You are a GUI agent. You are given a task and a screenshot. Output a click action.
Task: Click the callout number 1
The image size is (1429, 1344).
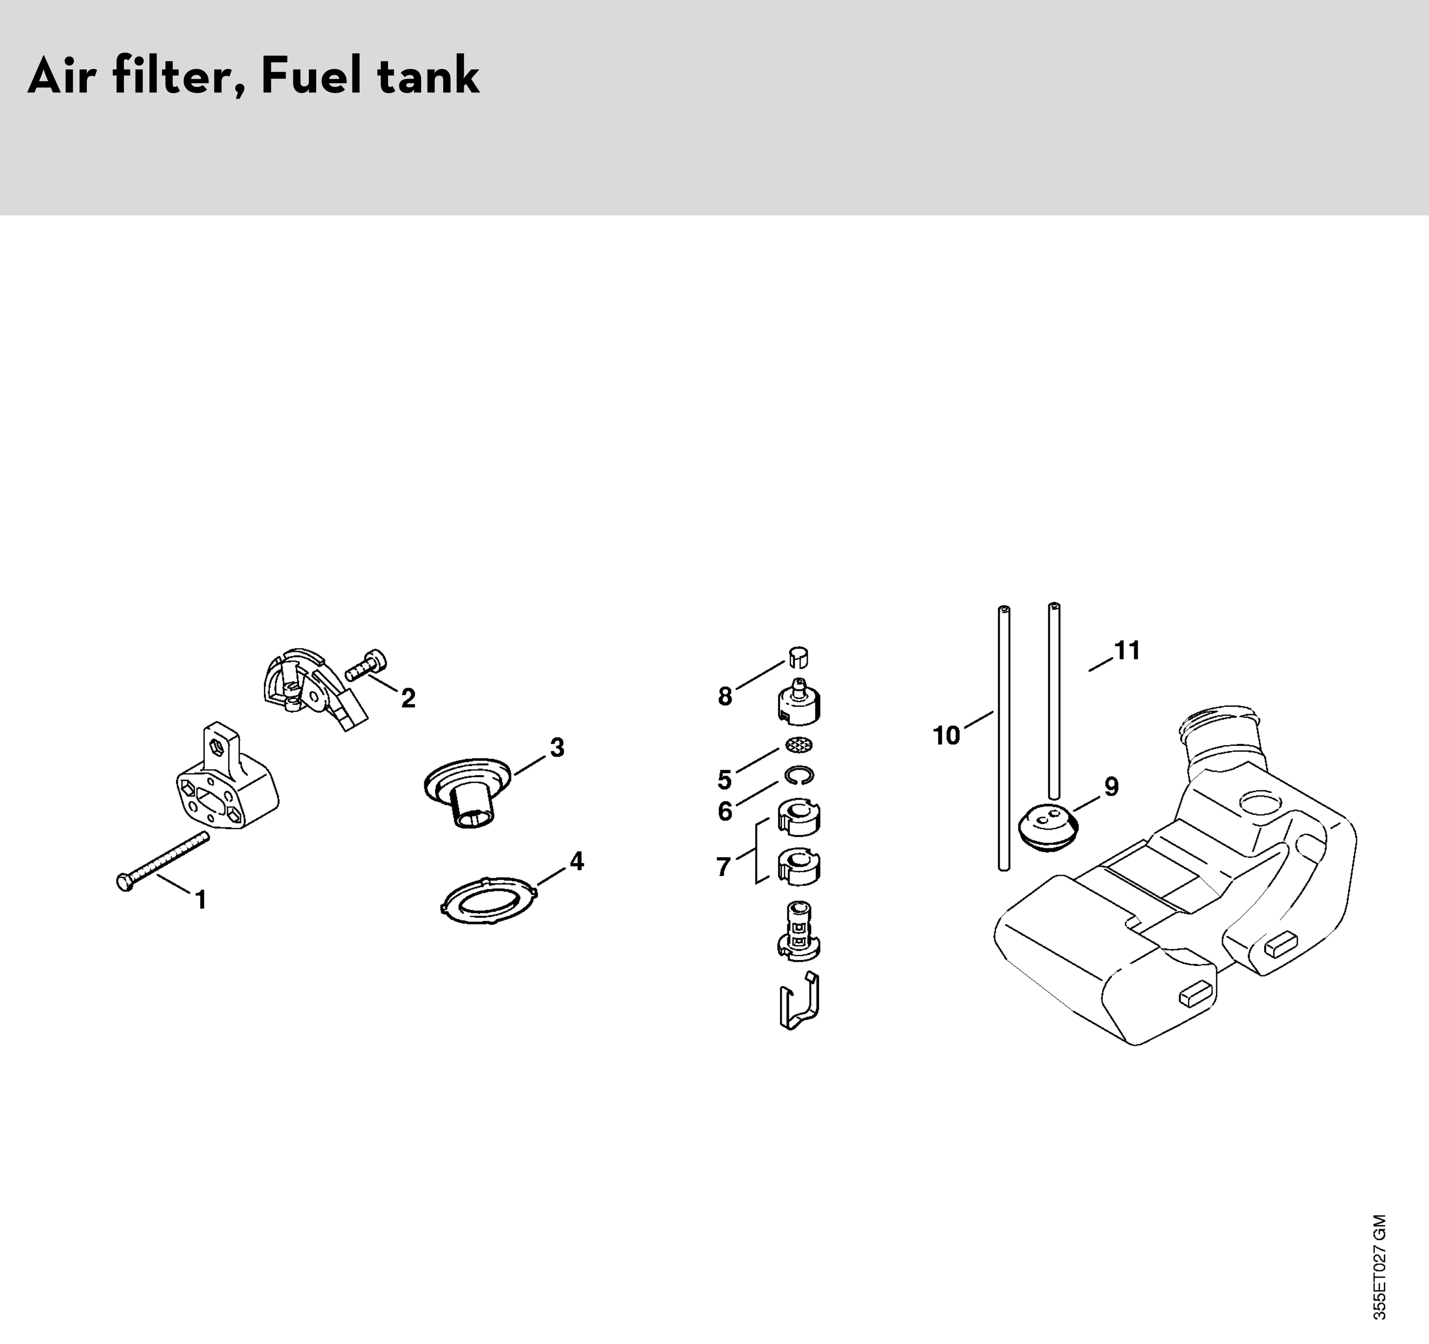point(201,900)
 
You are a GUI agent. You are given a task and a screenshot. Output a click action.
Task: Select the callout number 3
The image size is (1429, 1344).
point(557,748)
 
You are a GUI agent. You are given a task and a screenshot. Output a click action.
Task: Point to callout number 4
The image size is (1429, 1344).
point(576,861)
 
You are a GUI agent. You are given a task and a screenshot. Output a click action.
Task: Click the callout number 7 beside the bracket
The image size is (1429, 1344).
point(724,866)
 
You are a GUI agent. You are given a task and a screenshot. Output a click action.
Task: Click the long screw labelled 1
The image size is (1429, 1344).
point(163,861)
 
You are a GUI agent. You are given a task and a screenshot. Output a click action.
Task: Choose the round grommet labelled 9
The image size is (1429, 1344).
point(1050,829)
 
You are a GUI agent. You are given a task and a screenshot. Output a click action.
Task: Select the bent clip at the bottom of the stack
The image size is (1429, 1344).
point(799,1001)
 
